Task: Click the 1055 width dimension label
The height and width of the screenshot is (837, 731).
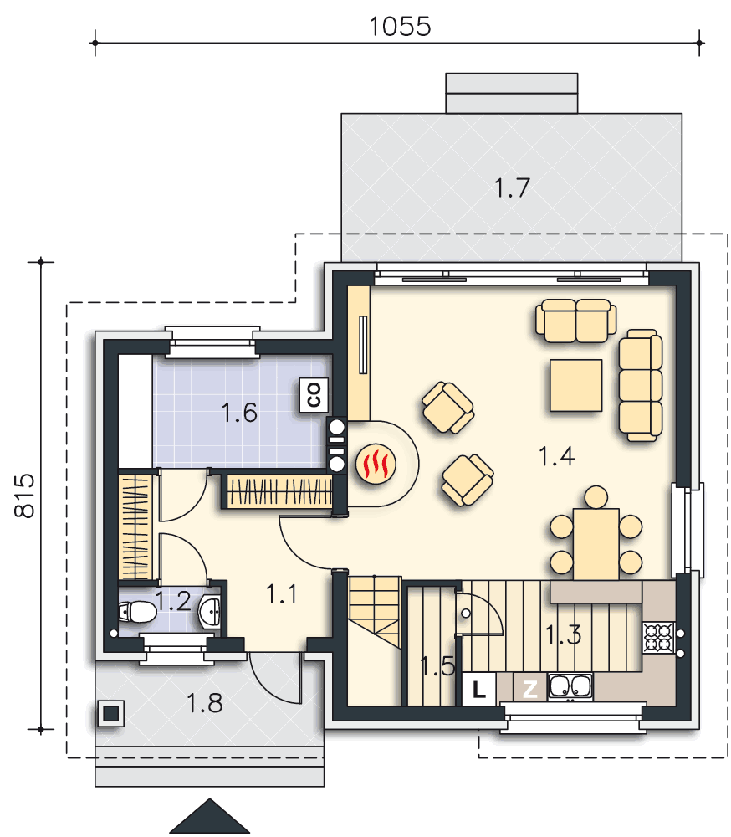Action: click(400, 27)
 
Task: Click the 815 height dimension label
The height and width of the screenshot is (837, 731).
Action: click(24, 496)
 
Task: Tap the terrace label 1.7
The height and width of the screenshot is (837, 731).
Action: click(512, 187)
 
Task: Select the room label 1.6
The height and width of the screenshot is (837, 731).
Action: click(239, 413)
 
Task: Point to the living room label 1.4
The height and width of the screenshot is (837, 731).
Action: click(556, 456)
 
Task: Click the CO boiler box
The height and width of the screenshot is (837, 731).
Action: click(314, 395)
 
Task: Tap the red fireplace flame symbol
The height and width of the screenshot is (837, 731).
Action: click(376, 464)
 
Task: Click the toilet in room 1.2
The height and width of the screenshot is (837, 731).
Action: click(137, 613)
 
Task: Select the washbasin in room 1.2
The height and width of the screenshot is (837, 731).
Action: click(210, 611)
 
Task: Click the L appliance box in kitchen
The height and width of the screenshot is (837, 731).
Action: click(478, 689)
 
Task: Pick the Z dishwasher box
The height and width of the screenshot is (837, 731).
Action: click(529, 689)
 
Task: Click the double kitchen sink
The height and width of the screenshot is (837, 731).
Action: click(570, 687)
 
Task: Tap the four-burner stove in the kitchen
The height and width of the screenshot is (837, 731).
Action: click(658, 637)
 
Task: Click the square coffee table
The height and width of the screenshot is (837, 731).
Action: click(576, 385)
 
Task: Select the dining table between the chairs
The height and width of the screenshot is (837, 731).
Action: click(596, 544)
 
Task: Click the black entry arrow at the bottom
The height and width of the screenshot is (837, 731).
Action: click(210, 816)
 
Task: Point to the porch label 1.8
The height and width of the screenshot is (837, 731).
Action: click(204, 704)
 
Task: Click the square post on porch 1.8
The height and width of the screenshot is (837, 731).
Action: click(111, 713)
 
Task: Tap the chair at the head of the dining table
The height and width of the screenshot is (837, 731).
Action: click(596, 497)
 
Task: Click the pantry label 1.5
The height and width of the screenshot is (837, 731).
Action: click(437, 666)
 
